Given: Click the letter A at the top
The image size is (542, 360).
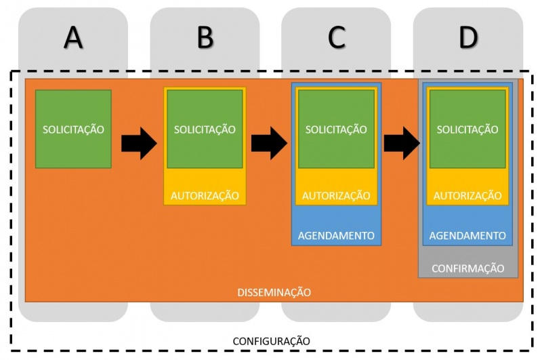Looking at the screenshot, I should pos(73,39).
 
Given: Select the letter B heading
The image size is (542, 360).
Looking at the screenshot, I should pos(205,39).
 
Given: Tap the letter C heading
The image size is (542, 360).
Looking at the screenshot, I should pos(337,39).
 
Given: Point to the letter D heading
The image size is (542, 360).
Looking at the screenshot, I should pos(468,39).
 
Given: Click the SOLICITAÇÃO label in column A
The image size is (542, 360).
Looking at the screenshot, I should pos(73,129).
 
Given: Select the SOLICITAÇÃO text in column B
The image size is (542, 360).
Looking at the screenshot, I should pos(205,129).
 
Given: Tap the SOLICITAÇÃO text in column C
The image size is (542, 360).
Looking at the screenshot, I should pos(336,129).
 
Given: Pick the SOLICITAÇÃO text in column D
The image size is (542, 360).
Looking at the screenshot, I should pos(467,129).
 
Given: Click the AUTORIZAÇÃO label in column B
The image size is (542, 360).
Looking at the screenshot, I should pos(205,196).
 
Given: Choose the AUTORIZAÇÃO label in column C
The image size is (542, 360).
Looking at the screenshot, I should pos(336,196).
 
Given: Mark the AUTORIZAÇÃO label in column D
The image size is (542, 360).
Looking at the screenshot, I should pos(467,196).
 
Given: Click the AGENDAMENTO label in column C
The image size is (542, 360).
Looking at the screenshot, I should pos(336,236).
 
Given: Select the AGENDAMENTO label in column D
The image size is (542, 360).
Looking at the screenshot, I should pos(467,236).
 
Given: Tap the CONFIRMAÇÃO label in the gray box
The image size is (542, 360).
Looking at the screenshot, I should pos(467,268).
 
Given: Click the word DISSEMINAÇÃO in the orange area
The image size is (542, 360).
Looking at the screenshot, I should pos(274,293).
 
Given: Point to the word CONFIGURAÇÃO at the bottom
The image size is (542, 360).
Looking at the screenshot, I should pos(271,340).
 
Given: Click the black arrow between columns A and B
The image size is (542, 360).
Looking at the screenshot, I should pos(139,144).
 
